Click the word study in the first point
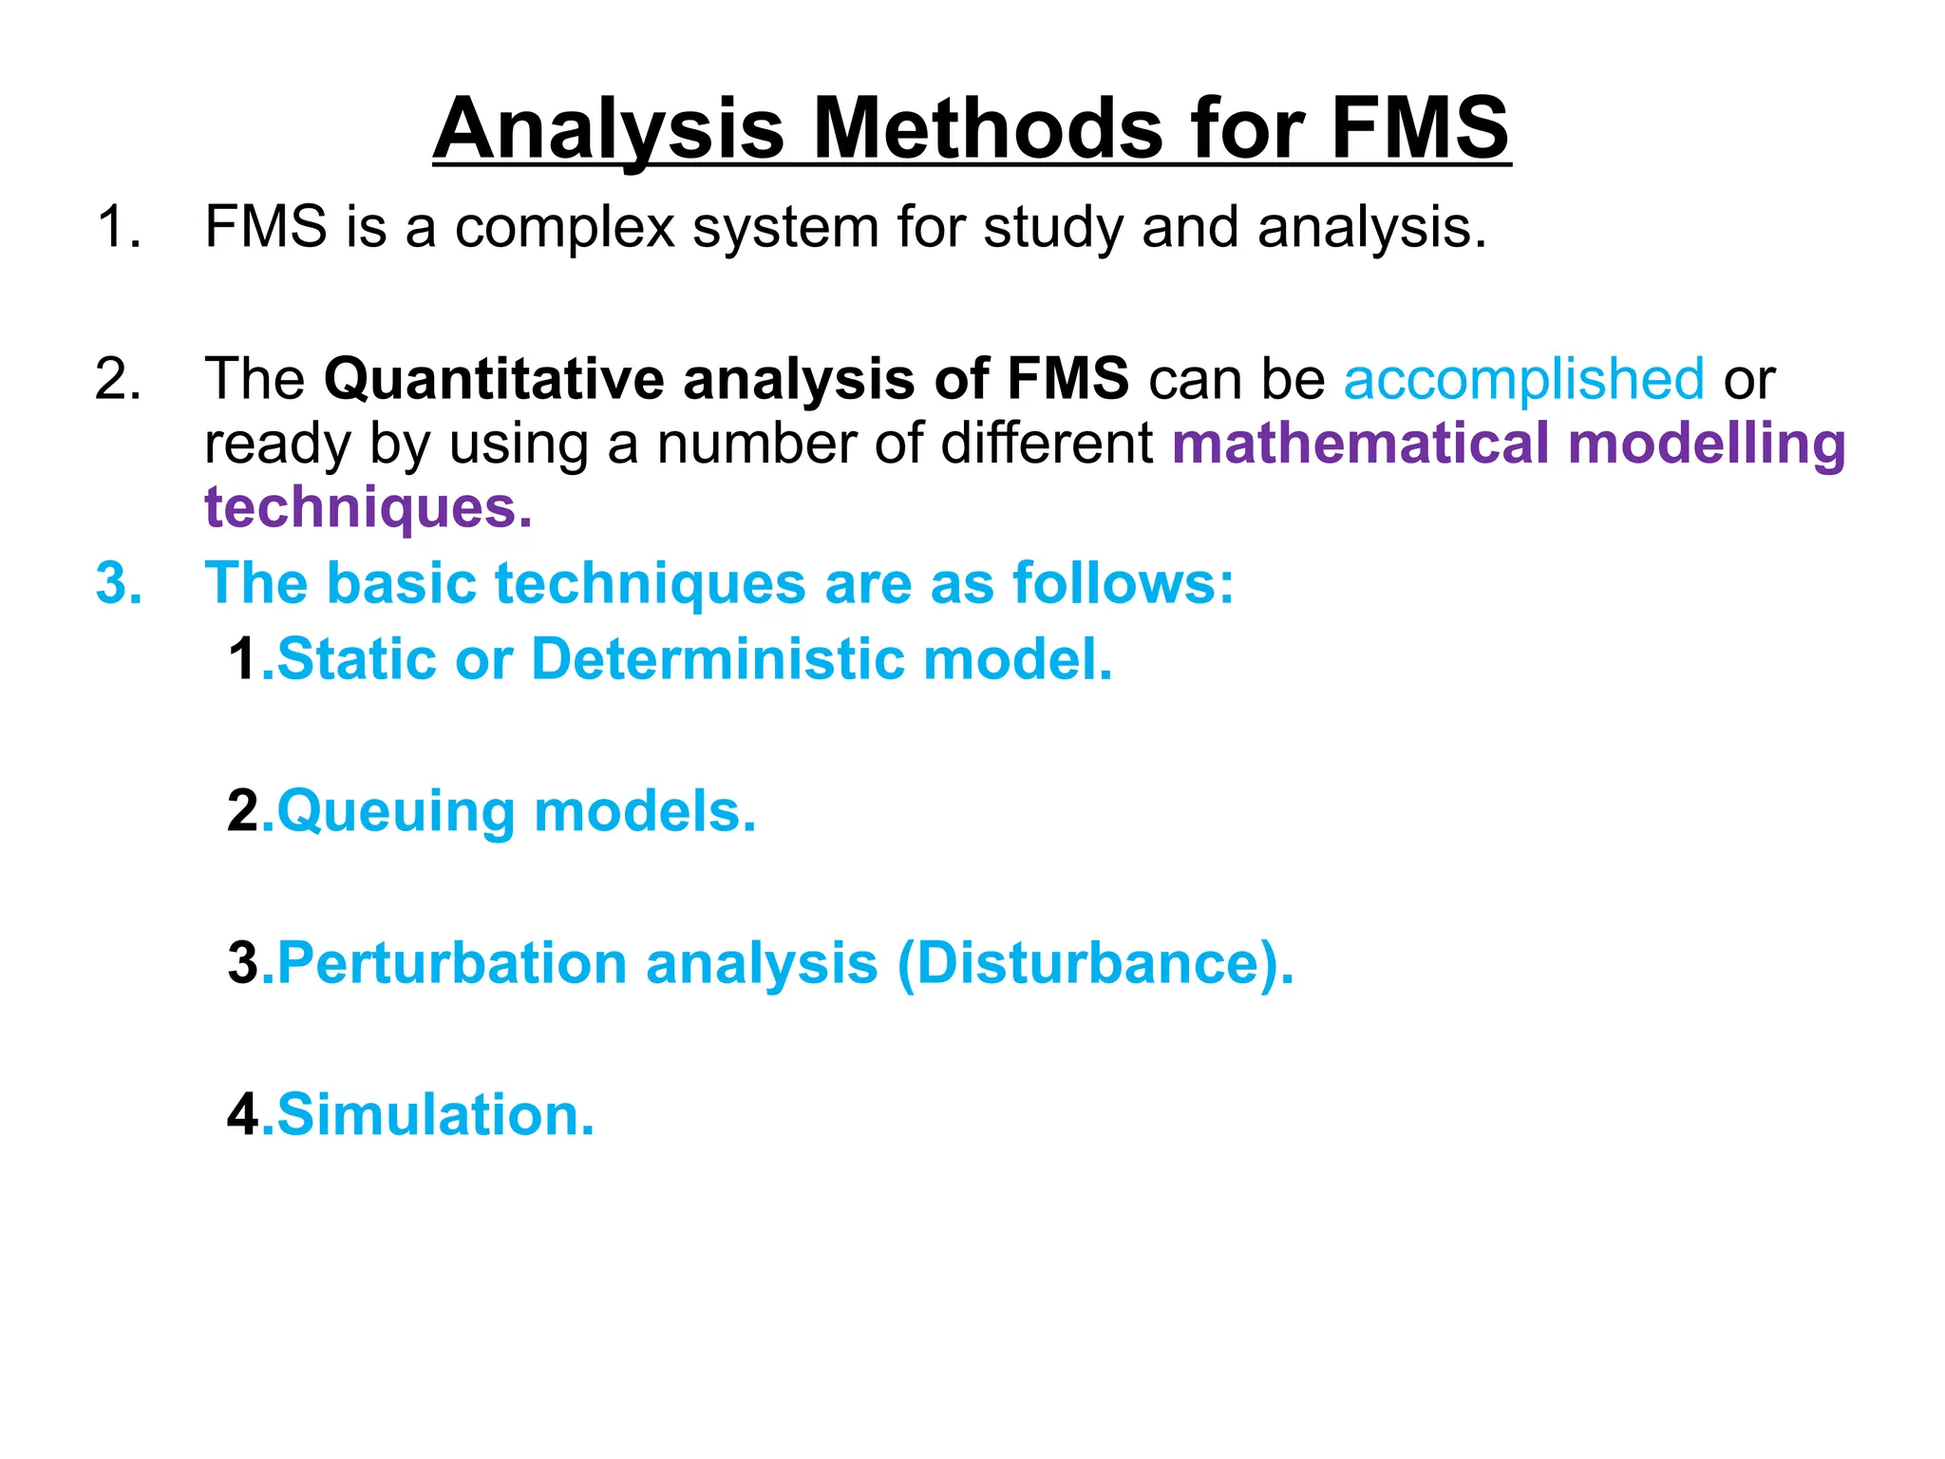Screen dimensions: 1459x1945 (1052, 229)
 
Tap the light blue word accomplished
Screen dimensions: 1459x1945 (1523, 379)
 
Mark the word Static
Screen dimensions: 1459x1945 (357, 659)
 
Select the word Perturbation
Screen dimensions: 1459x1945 (452, 963)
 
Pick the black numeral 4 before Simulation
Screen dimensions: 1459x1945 (243, 1115)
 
